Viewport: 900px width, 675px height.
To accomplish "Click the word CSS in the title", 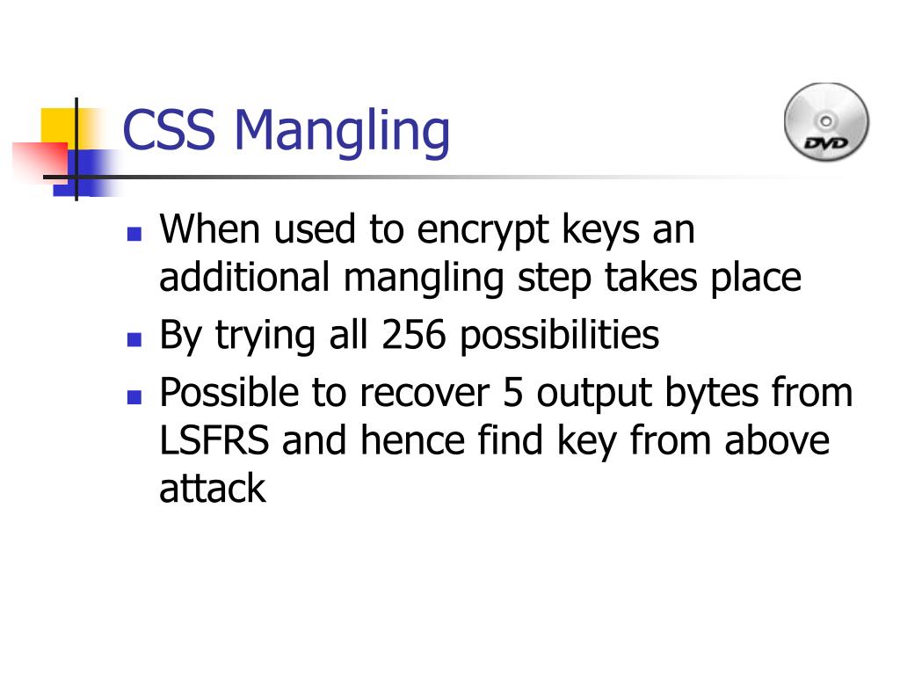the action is coord(169,130).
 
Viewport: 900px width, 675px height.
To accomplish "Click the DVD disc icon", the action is coord(826,121).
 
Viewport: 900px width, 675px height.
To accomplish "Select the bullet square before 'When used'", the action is coord(134,234).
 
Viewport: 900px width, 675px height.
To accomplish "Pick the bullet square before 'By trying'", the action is coord(134,340).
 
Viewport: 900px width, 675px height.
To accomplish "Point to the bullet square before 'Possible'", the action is coord(134,397).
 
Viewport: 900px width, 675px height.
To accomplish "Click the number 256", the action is coord(413,335).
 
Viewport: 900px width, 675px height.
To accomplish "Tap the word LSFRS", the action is coord(214,440).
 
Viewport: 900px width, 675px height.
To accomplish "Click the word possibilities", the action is coord(560,337).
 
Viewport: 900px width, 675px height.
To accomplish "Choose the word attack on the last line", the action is coord(213,489).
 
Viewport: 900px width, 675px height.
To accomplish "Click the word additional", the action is coord(244,277).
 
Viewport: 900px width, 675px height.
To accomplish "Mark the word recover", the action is coord(425,393).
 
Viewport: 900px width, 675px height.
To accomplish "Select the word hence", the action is coord(412,440).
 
